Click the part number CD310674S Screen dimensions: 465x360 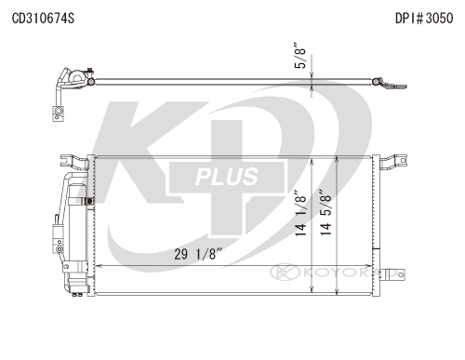point(43,19)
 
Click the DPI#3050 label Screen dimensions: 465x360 point(424,19)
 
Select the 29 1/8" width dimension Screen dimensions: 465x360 point(198,254)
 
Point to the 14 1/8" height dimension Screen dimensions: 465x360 point(300,213)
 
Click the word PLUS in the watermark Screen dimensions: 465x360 point(227,177)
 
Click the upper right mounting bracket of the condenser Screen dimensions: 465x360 point(392,162)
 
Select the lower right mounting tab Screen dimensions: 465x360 point(392,274)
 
